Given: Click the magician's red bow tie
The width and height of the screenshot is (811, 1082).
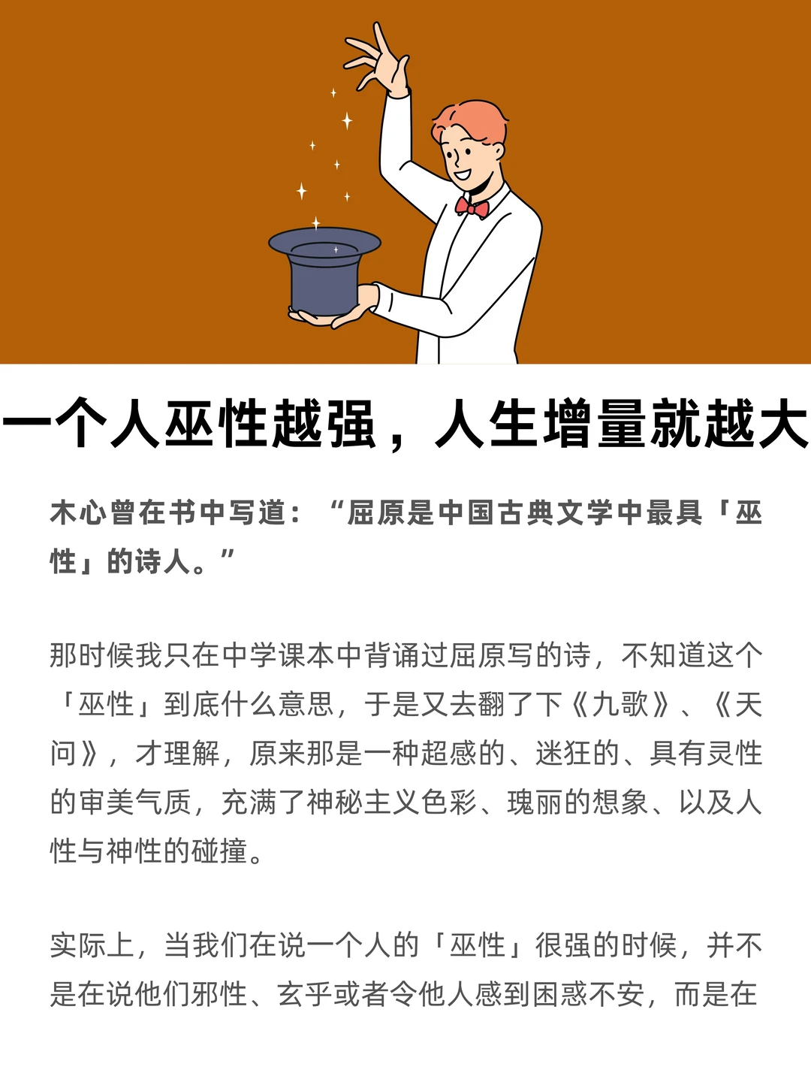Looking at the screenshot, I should [472, 207].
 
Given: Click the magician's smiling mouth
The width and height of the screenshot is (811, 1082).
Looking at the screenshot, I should [462, 175].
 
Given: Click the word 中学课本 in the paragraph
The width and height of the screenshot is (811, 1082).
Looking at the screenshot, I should [279, 656].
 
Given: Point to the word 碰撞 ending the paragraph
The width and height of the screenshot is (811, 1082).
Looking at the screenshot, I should [219, 851].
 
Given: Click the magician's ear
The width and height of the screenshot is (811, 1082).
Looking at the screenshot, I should [497, 150].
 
